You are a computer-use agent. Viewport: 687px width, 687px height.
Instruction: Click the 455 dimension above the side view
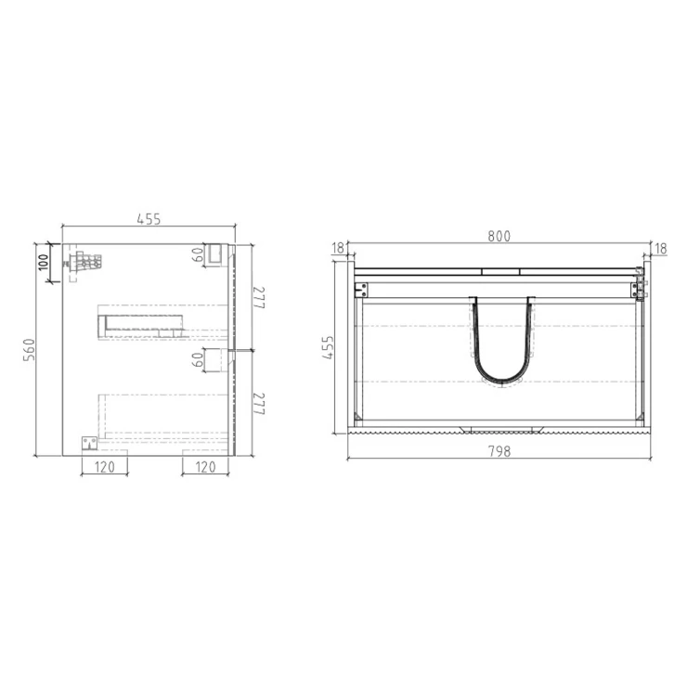(149, 219)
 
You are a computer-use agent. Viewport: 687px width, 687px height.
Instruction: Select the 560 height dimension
(29, 350)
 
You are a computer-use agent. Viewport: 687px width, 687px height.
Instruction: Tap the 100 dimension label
(44, 263)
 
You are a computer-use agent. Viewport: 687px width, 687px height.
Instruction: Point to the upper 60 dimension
(198, 254)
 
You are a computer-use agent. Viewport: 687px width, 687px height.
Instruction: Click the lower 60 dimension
(198, 360)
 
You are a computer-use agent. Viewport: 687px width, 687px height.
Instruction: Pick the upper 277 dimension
(259, 297)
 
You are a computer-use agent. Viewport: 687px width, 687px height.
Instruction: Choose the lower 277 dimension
(259, 404)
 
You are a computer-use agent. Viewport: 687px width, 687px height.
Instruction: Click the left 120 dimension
(104, 467)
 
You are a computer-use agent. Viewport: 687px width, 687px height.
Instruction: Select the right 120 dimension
(205, 467)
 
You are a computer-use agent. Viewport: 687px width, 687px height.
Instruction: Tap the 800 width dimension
(499, 236)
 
